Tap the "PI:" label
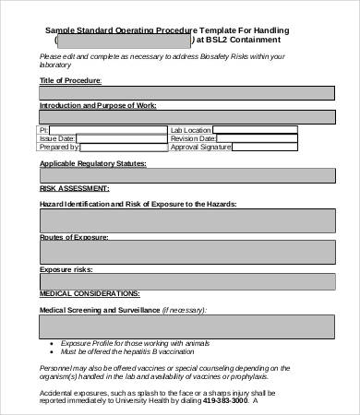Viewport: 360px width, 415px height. coord(43,130)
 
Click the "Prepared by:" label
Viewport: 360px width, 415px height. coord(58,147)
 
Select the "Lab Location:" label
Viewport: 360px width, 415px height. coord(192,130)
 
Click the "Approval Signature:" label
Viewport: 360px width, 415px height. coord(199,147)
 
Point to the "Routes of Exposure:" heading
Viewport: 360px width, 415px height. coord(74,237)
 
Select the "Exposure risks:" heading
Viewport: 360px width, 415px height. coord(65,269)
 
